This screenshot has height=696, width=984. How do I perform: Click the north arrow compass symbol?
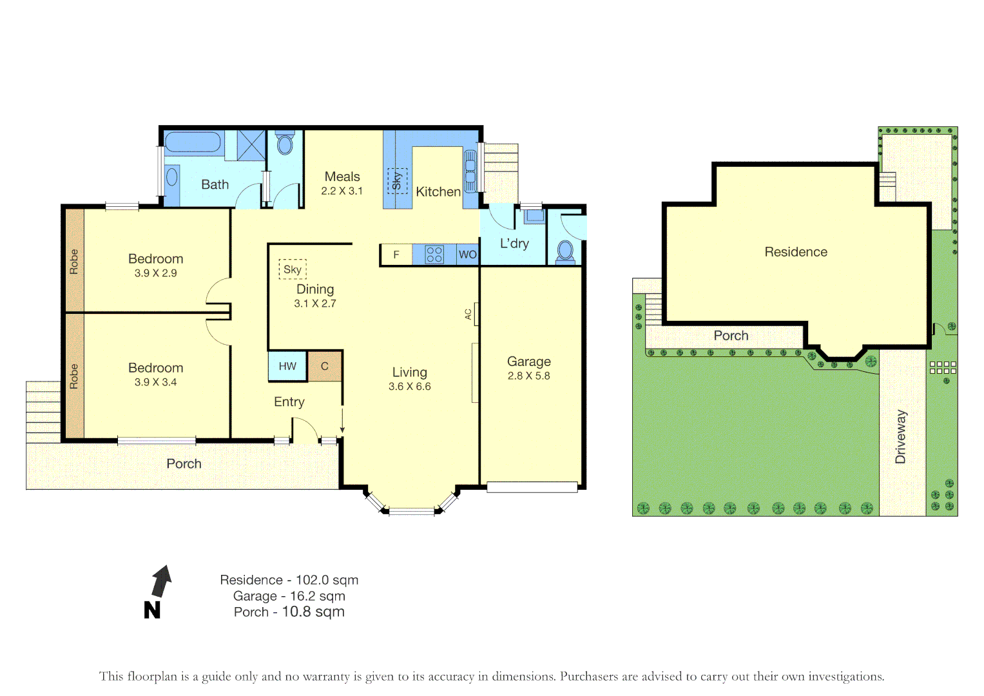pyautogui.click(x=160, y=582)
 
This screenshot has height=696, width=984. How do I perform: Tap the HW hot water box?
pyautogui.click(x=287, y=366)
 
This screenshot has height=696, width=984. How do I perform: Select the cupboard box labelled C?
pyautogui.click(x=325, y=366)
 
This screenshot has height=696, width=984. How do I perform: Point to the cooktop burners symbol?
pyautogui.click(x=434, y=255)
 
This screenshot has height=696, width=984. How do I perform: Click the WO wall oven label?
pyautogui.click(x=467, y=255)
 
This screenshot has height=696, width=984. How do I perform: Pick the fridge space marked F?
pyautogui.click(x=396, y=255)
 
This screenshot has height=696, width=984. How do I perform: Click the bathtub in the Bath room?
pyautogui.click(x=193, y=142)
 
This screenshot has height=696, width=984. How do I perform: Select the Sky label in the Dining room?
pyautogui.click(x=293, y=269)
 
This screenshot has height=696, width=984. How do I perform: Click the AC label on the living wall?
pyautogui.click(x=468, y=314)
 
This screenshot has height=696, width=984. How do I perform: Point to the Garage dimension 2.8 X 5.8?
pyautogui.click(x=528, y=376)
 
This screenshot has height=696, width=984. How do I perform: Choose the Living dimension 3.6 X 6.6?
pyautogui.click(x=409, y=387)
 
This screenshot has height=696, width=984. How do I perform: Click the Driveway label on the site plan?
pyautogui.click(x=901, y=436)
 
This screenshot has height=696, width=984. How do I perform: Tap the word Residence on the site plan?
pyautogui.click(x=796, y=252)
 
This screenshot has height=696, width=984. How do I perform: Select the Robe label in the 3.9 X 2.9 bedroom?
pyautogui.click(x=74, y=261)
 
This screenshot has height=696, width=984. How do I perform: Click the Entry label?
pyautogui.click(x=289, y=402)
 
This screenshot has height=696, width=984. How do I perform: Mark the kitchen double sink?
pyautogui.click(x=470, y=171)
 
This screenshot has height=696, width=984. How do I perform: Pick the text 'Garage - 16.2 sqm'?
pyautogui.click(x=289, y=596)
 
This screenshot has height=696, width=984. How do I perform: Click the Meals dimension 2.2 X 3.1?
pyautogui.click(x=342, y=191)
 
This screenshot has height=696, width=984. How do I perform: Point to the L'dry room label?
pyautogui.click(x=514, y=244)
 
